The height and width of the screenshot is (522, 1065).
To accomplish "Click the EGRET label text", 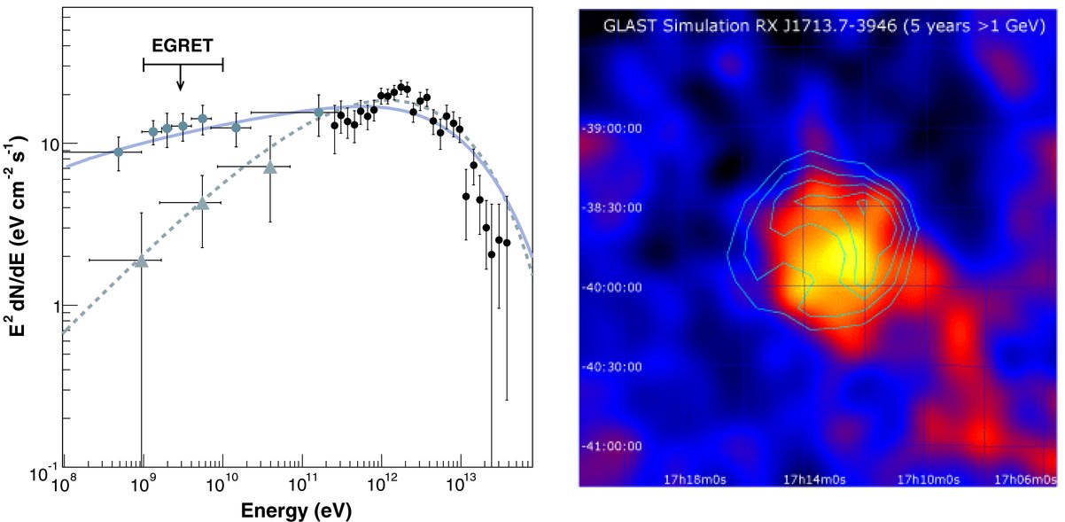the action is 183,45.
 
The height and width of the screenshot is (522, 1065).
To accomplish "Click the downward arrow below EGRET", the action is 180,77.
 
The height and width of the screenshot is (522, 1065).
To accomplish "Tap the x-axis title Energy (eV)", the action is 296,510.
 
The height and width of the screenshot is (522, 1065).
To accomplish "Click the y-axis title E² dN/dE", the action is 17,237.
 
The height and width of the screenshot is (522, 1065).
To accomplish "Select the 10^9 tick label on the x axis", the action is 141,484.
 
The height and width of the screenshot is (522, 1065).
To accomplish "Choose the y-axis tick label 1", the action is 57,308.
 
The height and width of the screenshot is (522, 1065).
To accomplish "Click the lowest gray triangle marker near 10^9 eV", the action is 141,261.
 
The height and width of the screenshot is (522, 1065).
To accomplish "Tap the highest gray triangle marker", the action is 270,168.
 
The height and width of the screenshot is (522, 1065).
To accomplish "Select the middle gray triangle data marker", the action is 203,204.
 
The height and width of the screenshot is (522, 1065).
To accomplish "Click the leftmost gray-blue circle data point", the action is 119,152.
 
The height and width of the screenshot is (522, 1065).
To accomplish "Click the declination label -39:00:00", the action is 611,129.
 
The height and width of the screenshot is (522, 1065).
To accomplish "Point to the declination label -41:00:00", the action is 611,446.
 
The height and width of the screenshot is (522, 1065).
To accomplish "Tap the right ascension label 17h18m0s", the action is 695,479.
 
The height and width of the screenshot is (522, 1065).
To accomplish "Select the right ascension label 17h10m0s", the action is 928,479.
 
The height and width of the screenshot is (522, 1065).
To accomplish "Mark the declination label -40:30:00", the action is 611,367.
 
